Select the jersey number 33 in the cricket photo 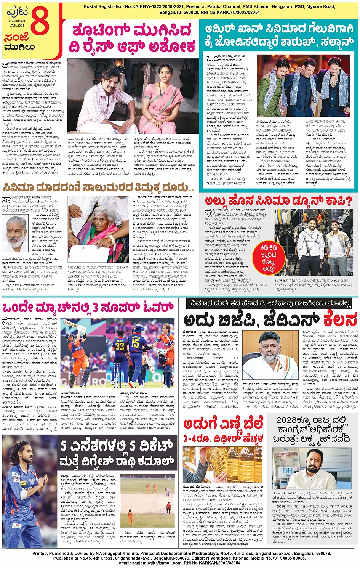click(x=120, y=346)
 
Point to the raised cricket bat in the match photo click(x=72, y=324)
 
